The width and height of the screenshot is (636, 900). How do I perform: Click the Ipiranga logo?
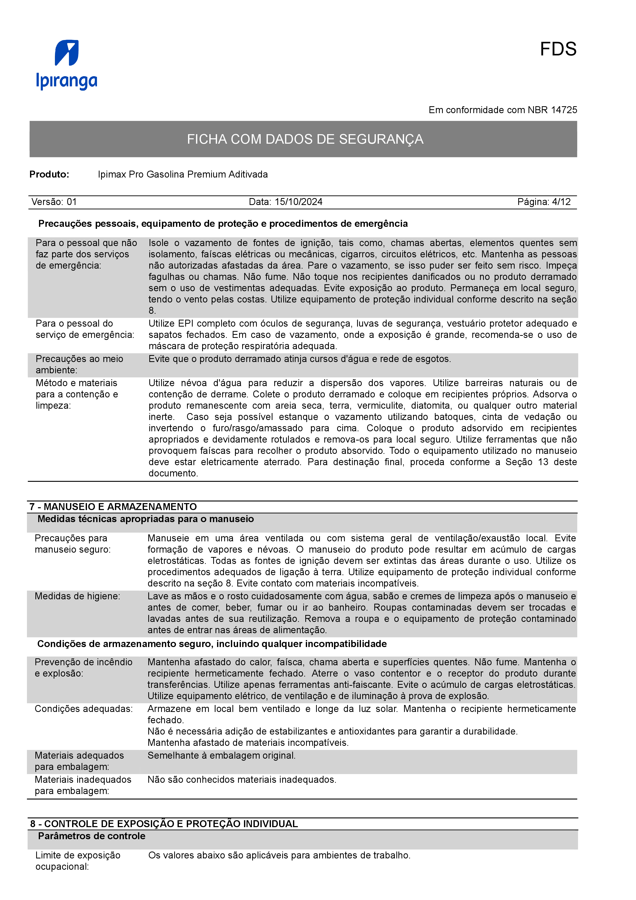[67, 65]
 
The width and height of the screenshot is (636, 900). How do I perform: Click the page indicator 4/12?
[561, 202]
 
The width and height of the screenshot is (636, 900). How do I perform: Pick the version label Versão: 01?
[54, 202]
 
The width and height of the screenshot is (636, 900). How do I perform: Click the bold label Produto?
[49, 174]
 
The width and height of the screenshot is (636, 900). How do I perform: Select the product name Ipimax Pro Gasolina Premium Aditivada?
[183, 174]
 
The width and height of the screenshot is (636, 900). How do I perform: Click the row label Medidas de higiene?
[77, 596]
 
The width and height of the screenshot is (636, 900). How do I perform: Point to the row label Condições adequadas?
[83, 709]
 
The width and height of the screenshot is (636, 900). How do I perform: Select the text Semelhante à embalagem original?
[221, 755]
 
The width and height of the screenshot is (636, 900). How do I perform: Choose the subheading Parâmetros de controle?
[92, 836]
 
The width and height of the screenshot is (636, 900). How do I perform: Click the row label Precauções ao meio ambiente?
[79, 365]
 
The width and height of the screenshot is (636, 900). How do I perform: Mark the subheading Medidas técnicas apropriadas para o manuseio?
[145, 519]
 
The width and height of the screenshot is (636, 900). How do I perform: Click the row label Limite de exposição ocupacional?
[77, 861]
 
